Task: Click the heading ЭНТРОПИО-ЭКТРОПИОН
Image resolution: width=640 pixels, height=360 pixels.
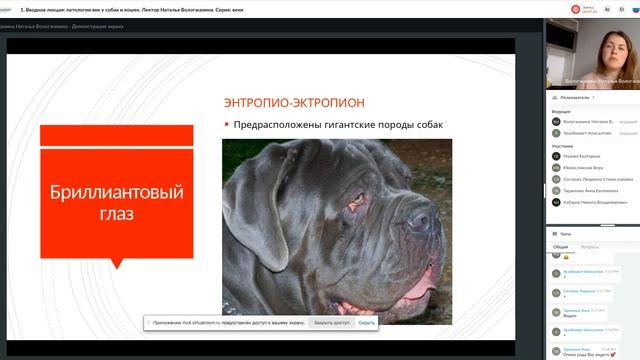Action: pos(294,102)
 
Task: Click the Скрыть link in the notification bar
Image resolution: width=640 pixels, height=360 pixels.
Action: pos(367,323)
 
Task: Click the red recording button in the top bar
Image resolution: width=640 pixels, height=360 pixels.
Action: pos(575,9)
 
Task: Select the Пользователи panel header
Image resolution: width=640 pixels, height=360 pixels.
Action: pos(575,98)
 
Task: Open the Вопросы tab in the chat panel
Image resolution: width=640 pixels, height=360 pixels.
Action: pos(590,246)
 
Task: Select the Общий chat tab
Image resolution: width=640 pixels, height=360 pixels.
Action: pos(560,246)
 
